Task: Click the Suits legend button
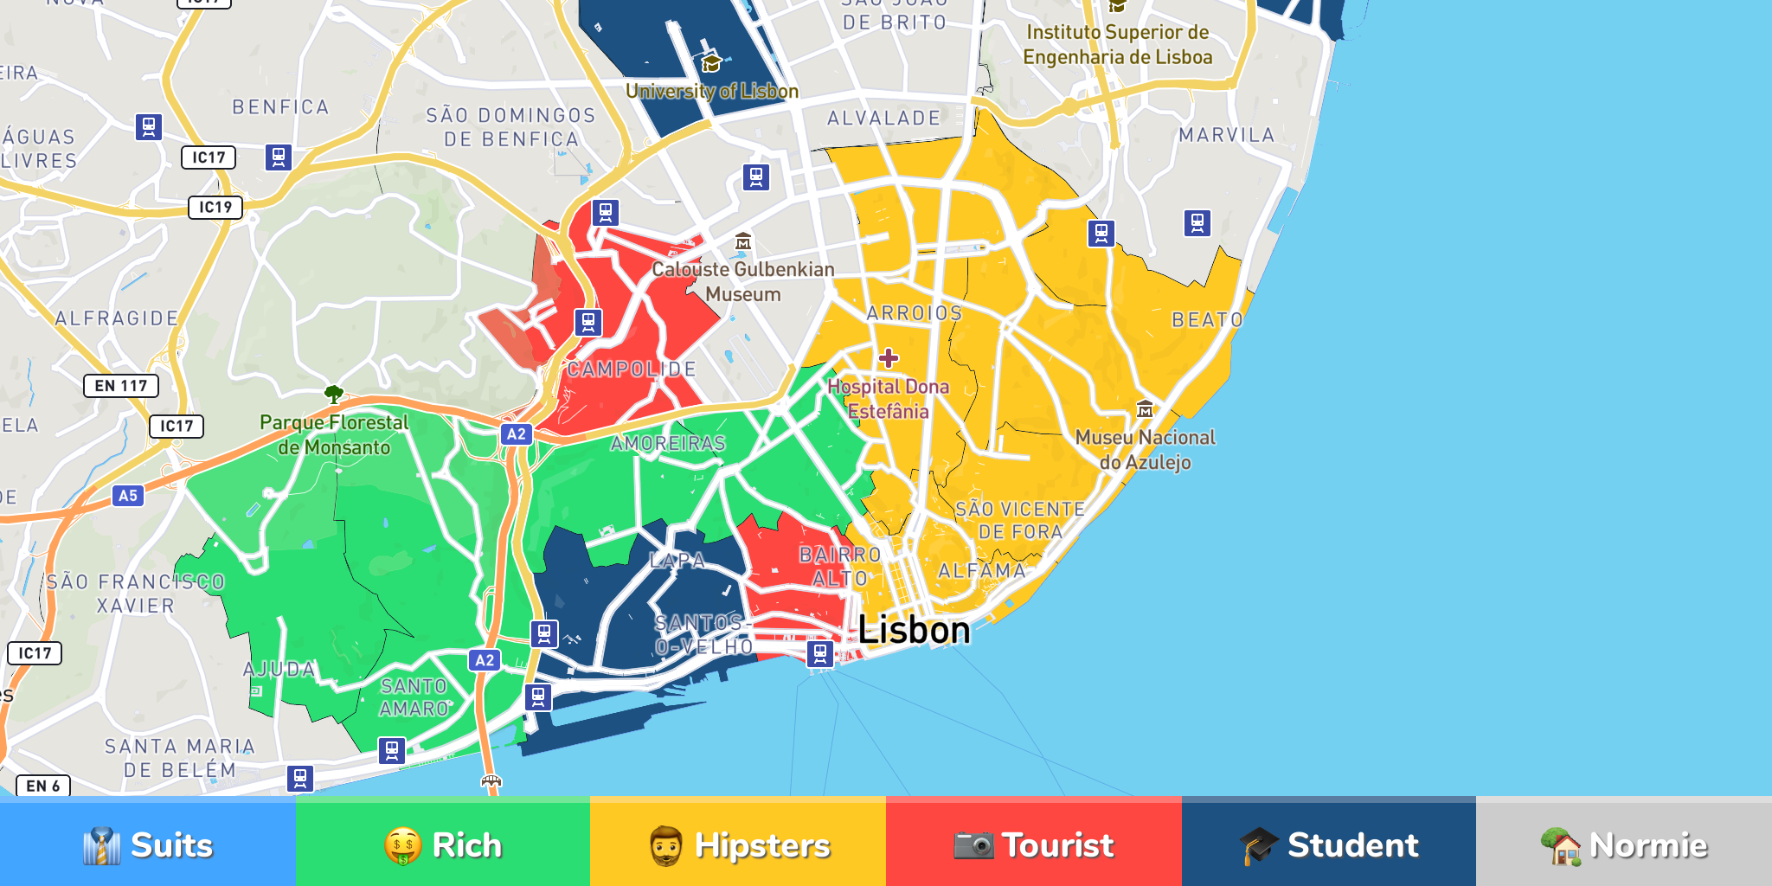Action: click(147, 844)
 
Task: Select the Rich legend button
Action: click(442, 844)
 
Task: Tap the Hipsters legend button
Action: click(738, 844)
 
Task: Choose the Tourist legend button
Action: click(1033, 844)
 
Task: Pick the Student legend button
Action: click(1328, 844)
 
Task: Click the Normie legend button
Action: click(1623, 844)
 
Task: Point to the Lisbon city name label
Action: click(914, 629)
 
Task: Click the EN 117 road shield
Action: click(121, 386)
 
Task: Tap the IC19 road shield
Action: click(215, 208)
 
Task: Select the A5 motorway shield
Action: click(128, 496)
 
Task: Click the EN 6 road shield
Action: click(43, 786)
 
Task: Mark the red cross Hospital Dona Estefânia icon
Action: click(889, 358)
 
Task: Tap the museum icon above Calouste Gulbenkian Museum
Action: click(743, 241)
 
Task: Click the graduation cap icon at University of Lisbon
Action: click(711, 63)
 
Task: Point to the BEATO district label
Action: click(1207, 320)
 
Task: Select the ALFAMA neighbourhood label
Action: click(982, 571)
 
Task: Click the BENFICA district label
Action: click(280, 107)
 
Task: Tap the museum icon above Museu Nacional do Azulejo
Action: click(1145, 408)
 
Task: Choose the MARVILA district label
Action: click(1226, 135)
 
